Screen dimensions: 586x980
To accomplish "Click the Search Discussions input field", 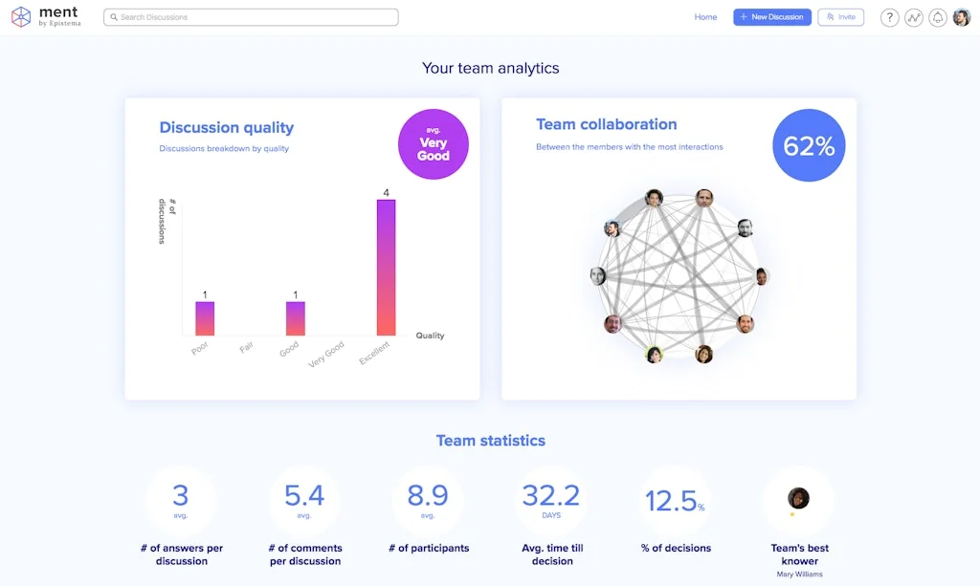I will coord(251,17).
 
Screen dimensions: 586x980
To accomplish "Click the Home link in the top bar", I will coord(705,17).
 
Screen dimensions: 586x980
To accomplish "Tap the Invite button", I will coord(840,17).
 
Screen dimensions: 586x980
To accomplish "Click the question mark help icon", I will coord(889,17).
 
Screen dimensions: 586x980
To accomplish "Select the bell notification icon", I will coord(938,17).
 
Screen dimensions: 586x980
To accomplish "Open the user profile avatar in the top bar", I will coord(962,17).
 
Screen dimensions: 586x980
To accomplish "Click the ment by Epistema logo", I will coord(46,17).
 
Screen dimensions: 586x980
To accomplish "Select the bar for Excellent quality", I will coord(386,268).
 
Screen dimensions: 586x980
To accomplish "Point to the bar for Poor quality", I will coord(205,318).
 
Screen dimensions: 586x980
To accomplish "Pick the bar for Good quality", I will coord(296,318).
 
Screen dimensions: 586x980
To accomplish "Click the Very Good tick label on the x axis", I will coord(326,356).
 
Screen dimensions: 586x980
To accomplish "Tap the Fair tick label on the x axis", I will coord(247,348).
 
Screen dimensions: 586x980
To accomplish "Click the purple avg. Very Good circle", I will coord(434,144).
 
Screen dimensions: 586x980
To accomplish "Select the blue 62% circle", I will coord(809,145).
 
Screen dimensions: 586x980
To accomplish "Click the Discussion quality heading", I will coord(226,127).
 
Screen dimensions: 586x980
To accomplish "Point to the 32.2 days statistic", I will coord(551,495).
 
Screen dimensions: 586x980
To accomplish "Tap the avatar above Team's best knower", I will coord(798,498).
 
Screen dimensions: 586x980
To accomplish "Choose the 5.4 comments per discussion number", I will coord(304,495).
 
